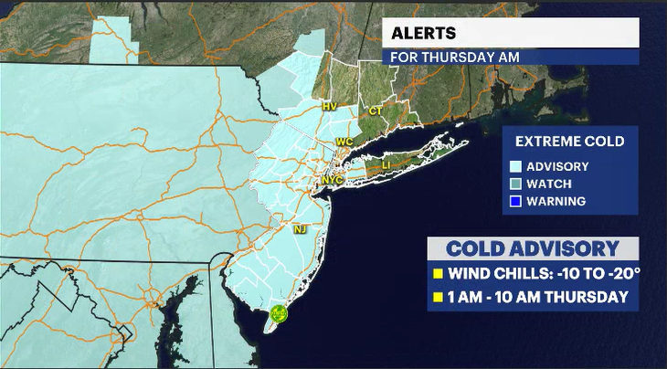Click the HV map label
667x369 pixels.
click(x=330, y=107)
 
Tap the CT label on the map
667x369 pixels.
click(x=376, y=111)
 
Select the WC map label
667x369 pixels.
click(x=344, y=142)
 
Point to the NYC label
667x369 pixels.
click(x=332, y=180)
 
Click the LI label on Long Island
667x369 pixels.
click(x=386, y=164)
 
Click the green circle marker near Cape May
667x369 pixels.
click(x=281, y=314)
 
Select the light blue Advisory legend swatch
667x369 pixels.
click(x=516, y=166)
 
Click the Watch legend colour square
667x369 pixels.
click(x=516, y=184)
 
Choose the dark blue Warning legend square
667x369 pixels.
click(x=516, y=201)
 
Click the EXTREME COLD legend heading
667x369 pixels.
click(x=569, y=142)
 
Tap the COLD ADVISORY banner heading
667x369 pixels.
click(x=533, y=248)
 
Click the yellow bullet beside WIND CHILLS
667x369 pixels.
click(x=438, y=273)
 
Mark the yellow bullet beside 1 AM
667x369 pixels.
click(x=438, y=297)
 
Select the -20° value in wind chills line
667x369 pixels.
click(x=609, y=273)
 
